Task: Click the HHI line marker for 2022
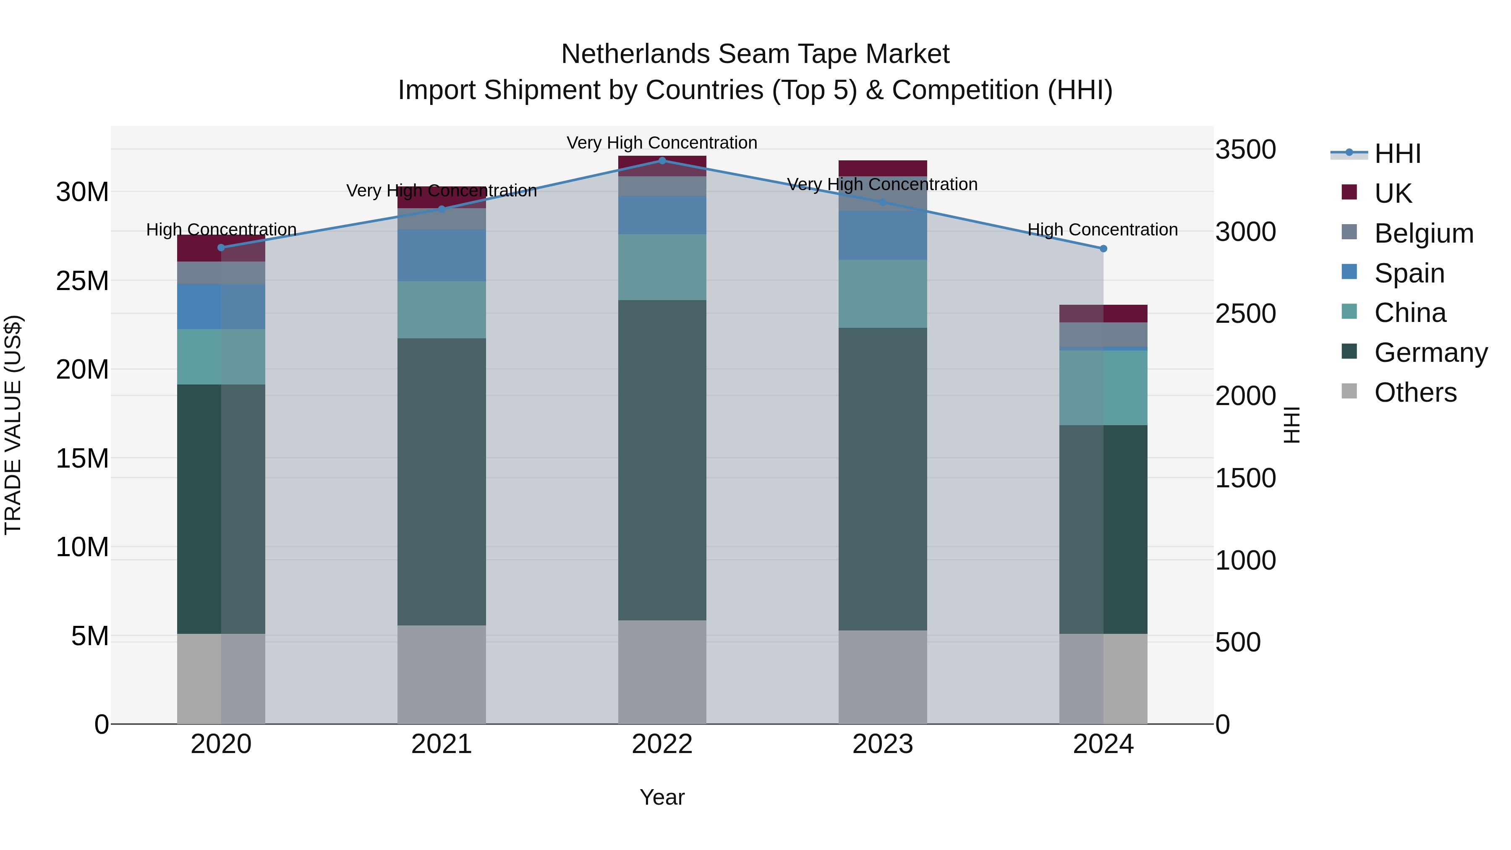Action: click(x=662, y=160)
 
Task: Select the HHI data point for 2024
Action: click(x=1103, y=249)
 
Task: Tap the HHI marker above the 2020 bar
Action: click(x=221, y=248)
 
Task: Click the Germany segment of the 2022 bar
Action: click(x=662, y=460)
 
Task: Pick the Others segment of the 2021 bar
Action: click(x=442, y=674)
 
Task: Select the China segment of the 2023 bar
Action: click(x=883, y=293)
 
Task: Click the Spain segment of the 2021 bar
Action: click(x=442, y=255)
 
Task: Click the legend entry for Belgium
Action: click(x=1424, y=233)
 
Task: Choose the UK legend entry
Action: click(x=1393, y=193)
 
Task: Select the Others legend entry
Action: click(x=1415, y=392)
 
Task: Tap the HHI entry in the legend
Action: click(x=1397, y=154)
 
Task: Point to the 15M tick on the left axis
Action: click(x=82, y=458)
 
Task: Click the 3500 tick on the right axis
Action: click(x=1245, y=149)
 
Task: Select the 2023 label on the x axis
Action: click(x=883, y=744)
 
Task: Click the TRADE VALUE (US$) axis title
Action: click(x=13, y=425)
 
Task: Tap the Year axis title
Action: click(x=662, y=797)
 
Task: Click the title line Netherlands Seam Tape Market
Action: click(x=755, y=54)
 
